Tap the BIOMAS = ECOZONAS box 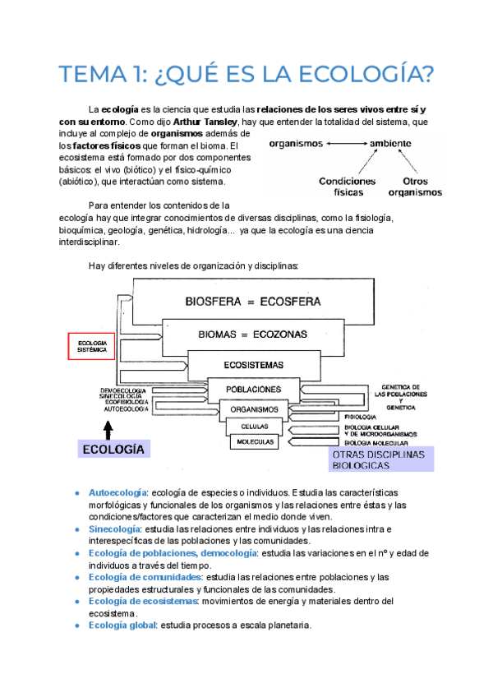click(x=252, y=335)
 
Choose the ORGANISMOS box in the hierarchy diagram click(x=254, y=409)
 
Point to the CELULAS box click(x=254, y=427)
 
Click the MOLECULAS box click(x=255, y=441)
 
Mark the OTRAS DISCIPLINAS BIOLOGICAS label click(x=379, y=459)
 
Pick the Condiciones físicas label click(x=348, y=187)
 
